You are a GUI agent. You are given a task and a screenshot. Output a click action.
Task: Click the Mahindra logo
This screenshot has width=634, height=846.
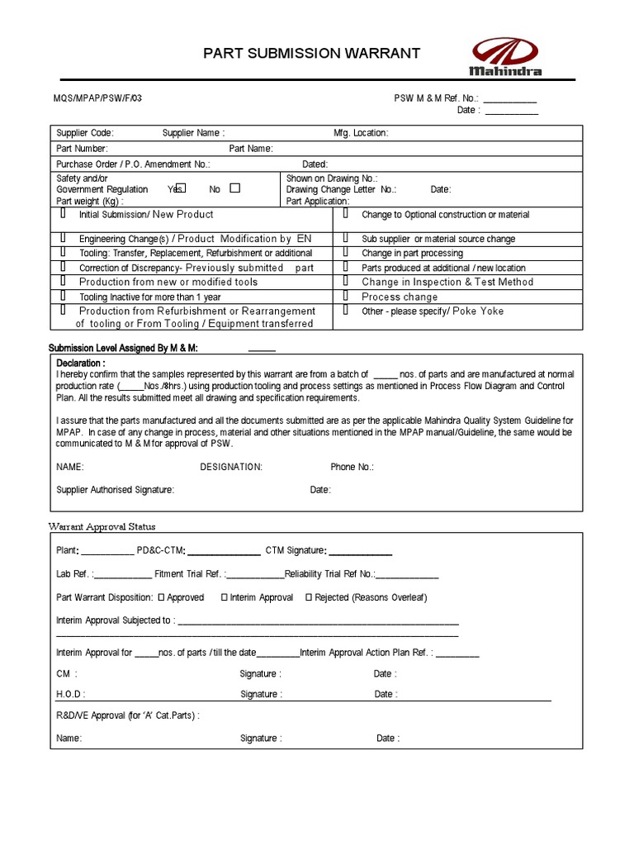click(506, 57)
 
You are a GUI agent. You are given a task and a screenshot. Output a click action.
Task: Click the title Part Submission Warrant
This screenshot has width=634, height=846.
click(312, 54)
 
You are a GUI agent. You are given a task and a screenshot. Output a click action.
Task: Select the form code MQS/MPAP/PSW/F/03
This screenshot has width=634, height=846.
click(92, 97)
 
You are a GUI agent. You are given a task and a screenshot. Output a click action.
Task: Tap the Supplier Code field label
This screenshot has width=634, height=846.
click(85, 133)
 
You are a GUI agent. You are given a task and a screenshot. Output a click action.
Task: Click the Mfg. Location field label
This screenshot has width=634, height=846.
click(361, 133)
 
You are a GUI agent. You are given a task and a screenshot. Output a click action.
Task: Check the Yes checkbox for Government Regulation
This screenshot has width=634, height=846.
click(182, 188)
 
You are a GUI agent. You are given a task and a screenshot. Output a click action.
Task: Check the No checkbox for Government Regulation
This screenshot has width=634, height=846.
click(235, 188)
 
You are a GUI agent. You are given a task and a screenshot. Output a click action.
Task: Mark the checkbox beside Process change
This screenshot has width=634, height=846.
click(345, 296)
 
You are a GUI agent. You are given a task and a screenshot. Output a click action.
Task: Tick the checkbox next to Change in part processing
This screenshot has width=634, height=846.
click(345, 253)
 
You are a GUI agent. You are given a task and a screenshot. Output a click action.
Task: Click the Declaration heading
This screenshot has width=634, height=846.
click(81, 363)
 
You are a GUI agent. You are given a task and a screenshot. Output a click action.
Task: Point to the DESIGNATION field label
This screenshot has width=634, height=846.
click(231, 467)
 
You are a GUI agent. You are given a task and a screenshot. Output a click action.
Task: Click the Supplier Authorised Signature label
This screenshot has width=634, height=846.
click(115, 490)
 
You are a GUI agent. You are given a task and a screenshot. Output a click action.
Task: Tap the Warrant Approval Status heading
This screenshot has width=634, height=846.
click(102, 526)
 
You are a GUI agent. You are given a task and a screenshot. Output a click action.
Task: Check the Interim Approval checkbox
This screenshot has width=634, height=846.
click(225, 597)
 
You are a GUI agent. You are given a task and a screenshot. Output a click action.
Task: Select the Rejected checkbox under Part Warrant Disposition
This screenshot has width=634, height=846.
click(309, 597)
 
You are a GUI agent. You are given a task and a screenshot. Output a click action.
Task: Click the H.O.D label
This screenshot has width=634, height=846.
click(70, 695)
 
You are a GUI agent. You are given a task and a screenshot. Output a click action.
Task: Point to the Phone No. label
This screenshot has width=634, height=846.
click(352, 467)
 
